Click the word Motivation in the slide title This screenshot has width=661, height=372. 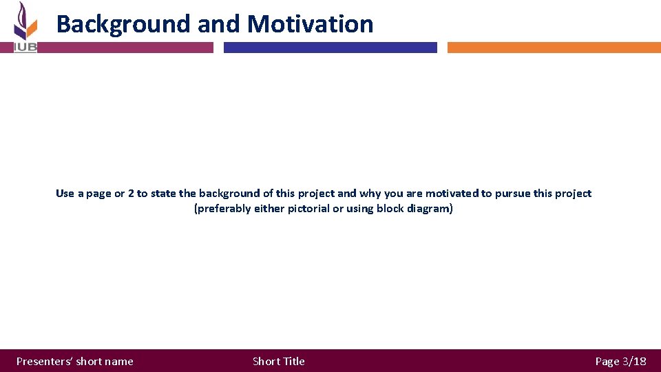[310, 24]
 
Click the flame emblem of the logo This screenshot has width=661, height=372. [25, 21]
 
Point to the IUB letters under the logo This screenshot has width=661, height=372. [25, 48]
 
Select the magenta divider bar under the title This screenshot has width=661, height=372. [114, 48]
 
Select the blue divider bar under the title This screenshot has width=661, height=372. [330, 48]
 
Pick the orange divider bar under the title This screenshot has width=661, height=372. [554, 48]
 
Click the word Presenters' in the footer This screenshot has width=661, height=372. [44, 361]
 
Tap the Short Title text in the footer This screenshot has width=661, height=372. [278, 361]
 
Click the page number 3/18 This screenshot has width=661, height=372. [634, 361]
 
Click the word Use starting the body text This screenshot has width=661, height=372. [65, 194]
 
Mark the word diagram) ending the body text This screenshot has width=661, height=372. [432, 209]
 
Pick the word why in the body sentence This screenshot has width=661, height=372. [370, 194]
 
